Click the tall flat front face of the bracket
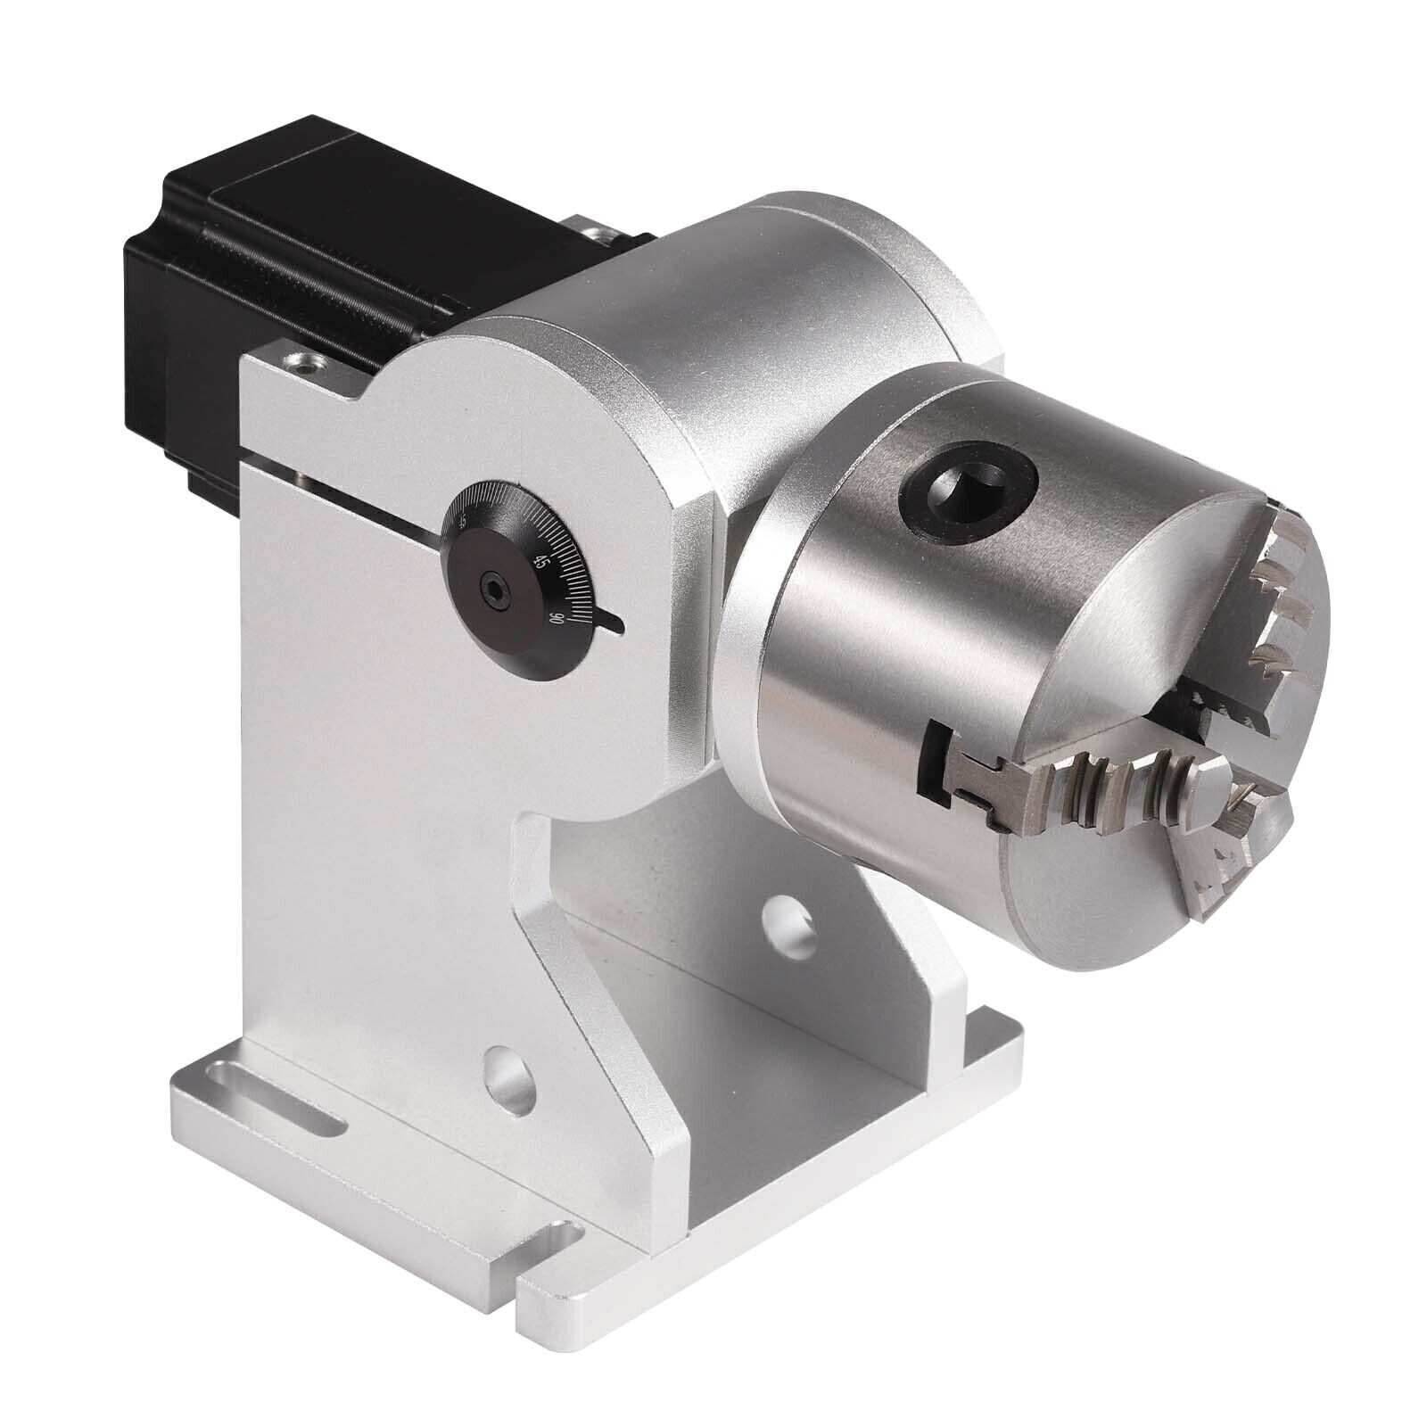[x=375, y=803]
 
